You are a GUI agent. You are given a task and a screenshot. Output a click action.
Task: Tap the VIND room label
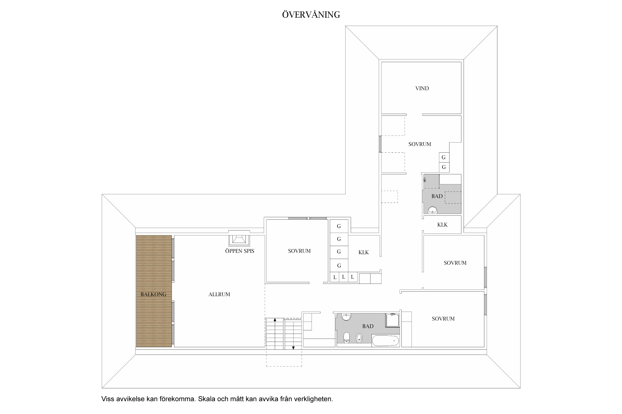tap(422, 88)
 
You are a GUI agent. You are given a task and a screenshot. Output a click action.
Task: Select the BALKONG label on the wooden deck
tap(153, 294)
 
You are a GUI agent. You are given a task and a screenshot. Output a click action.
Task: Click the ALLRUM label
tap(219, 294)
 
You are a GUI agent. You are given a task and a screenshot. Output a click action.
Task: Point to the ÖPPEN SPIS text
tap(240, 251)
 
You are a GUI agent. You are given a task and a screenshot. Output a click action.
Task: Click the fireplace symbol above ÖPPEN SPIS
tap(239, 238)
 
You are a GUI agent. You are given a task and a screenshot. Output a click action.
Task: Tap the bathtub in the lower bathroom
tap(386, 341)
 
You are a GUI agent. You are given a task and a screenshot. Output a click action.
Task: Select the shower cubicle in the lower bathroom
tap(393, 320)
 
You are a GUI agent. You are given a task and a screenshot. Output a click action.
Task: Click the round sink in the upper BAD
tap(433, 210)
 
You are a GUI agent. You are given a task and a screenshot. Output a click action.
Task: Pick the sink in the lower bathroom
tap(346, 317)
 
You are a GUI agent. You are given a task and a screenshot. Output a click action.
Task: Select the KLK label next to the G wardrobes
tap(364, 252)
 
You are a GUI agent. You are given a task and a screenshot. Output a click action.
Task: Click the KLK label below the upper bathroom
tap(442, 225)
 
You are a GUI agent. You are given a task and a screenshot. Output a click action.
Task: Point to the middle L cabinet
tap(344, 277)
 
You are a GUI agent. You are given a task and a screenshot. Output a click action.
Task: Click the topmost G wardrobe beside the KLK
tap(339, 226)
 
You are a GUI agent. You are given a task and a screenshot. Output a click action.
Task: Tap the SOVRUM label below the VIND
tap(420, 144)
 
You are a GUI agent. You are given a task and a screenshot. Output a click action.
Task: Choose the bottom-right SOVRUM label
tap(443, 319)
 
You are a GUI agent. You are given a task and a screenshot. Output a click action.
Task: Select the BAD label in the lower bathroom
tap(368, 326)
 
